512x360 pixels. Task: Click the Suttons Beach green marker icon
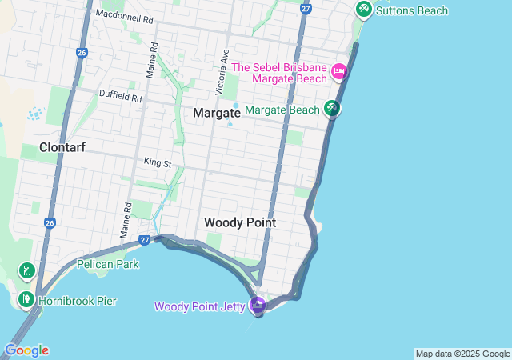[x=364, y=9]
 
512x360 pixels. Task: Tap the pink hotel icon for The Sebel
[x=338, y=72]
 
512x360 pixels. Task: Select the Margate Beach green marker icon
[x=331, y=108]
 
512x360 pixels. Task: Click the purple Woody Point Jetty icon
[x=258, y=305]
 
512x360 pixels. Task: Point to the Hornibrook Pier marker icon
[x=26, y=300]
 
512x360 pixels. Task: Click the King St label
[x=158, y=162]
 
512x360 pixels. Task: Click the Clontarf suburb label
[x=62, y=147]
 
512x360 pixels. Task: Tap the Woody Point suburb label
[x=240, y=222]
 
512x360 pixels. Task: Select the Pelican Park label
[x=107, y=264]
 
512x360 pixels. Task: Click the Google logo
[x=26, y=350]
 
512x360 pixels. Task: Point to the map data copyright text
[x=462, y=354]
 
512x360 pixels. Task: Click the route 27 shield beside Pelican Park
[x=145, y=239]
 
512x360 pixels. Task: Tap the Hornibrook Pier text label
[x=78, y=301]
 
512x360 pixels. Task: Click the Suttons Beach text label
[x=412, y=10]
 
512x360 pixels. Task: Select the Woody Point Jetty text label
[x=200, y=306]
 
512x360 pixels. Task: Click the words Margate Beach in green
[x=282, y=109]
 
